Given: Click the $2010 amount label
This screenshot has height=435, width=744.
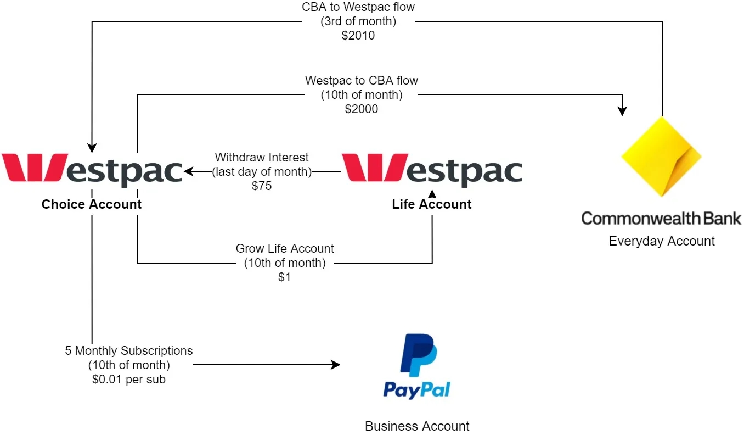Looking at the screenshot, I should click(x=358, y=36).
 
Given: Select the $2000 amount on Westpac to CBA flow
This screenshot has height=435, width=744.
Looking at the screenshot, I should click(x=361, y=109).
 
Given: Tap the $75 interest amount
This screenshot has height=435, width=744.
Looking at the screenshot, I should click(x=262, y=186).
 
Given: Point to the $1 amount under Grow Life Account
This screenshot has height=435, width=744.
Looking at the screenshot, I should click(x=284, y=277).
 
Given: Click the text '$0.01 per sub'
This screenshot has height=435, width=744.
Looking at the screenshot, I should click(x=128, y=379).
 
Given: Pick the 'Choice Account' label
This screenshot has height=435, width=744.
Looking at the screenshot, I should click(x=92, y=204).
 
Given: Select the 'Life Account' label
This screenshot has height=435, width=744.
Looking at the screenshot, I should click(x=432, y=204).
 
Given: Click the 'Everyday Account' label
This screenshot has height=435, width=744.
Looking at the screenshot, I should click(x=662, y=241).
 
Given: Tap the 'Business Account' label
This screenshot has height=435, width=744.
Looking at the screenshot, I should click(x=417, y=426).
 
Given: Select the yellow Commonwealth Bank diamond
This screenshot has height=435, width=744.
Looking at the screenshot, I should click(x=662, y=157).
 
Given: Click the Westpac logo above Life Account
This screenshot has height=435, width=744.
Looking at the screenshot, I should click(x=432, y=168).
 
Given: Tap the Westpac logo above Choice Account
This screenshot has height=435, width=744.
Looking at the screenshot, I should click(x=92, y=168).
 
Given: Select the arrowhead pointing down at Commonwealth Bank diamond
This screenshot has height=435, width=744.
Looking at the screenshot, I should click(x=622, y=111).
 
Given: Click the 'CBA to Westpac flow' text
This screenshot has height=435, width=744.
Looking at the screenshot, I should click(x=358, y=8).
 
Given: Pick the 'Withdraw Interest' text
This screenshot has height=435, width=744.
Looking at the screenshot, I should click(x=262, y=158).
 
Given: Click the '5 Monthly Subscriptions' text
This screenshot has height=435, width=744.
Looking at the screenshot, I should click(x=129, y=350).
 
